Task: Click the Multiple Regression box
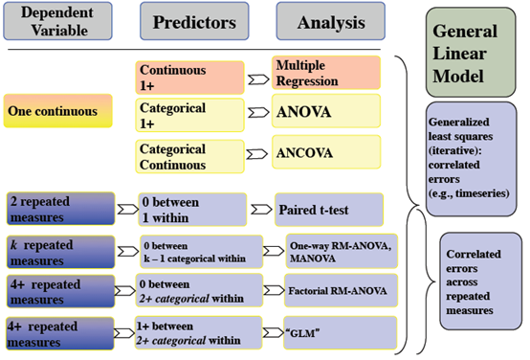326,72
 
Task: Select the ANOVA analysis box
326,111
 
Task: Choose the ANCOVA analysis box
326,152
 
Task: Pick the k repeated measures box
59,252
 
